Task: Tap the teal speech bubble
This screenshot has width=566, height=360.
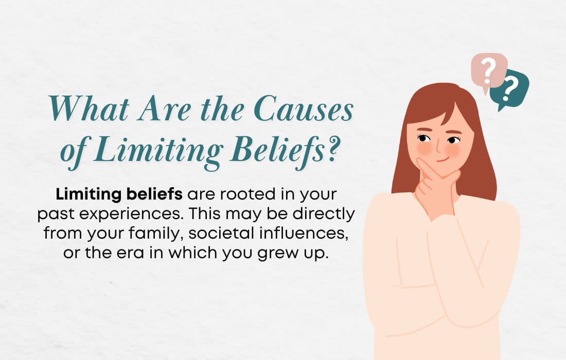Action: (512, 88)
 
